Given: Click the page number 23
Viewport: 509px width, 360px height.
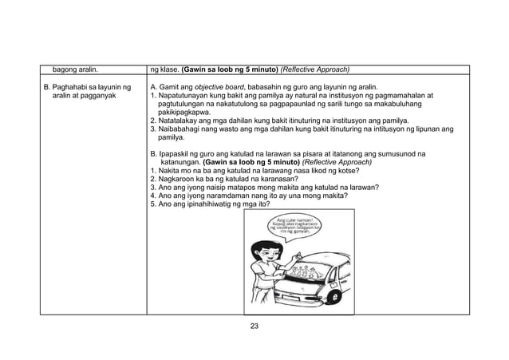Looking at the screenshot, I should tap(254, 325).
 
